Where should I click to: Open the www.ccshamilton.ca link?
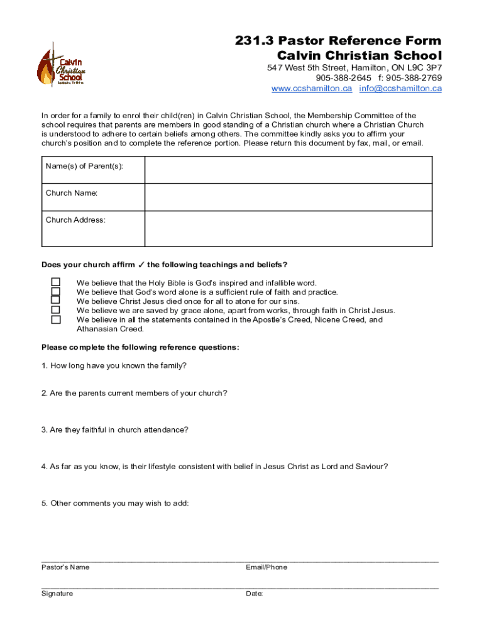pyautogui.click(x=311, y=89)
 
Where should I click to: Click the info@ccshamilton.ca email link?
pyautogui.click(x=400, y=89)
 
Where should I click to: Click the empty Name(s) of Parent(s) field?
pyautogui.click(x=289, y=170)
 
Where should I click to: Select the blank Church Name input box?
pyautogui.click(x=289, y=197)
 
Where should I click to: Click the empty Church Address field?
pyautogui.click(x=289, y=228)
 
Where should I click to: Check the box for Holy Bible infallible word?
pyautogui.click(x=56, y=282)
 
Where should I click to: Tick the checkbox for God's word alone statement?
pyautogui.click(x=56, y=292)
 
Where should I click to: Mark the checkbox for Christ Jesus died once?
pyautogui.click(x=56, y=301)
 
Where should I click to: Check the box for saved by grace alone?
pyautogui.click(x=56, y=310)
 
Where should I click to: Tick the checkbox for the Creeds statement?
pyautogui.click(x=56, y=319)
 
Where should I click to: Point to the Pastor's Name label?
pyautogui.click(x=65, y=567)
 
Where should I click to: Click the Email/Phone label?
pyautogui.click(x=267, y=567)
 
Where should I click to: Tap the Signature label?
pyautogui.click(x=57, y=594)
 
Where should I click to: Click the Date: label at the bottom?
pyautogui.click(x=255, y=594)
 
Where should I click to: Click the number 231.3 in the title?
pyautogui.click(x=251, y=41)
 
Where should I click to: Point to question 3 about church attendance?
pyautogui.click(x=119, y=430)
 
